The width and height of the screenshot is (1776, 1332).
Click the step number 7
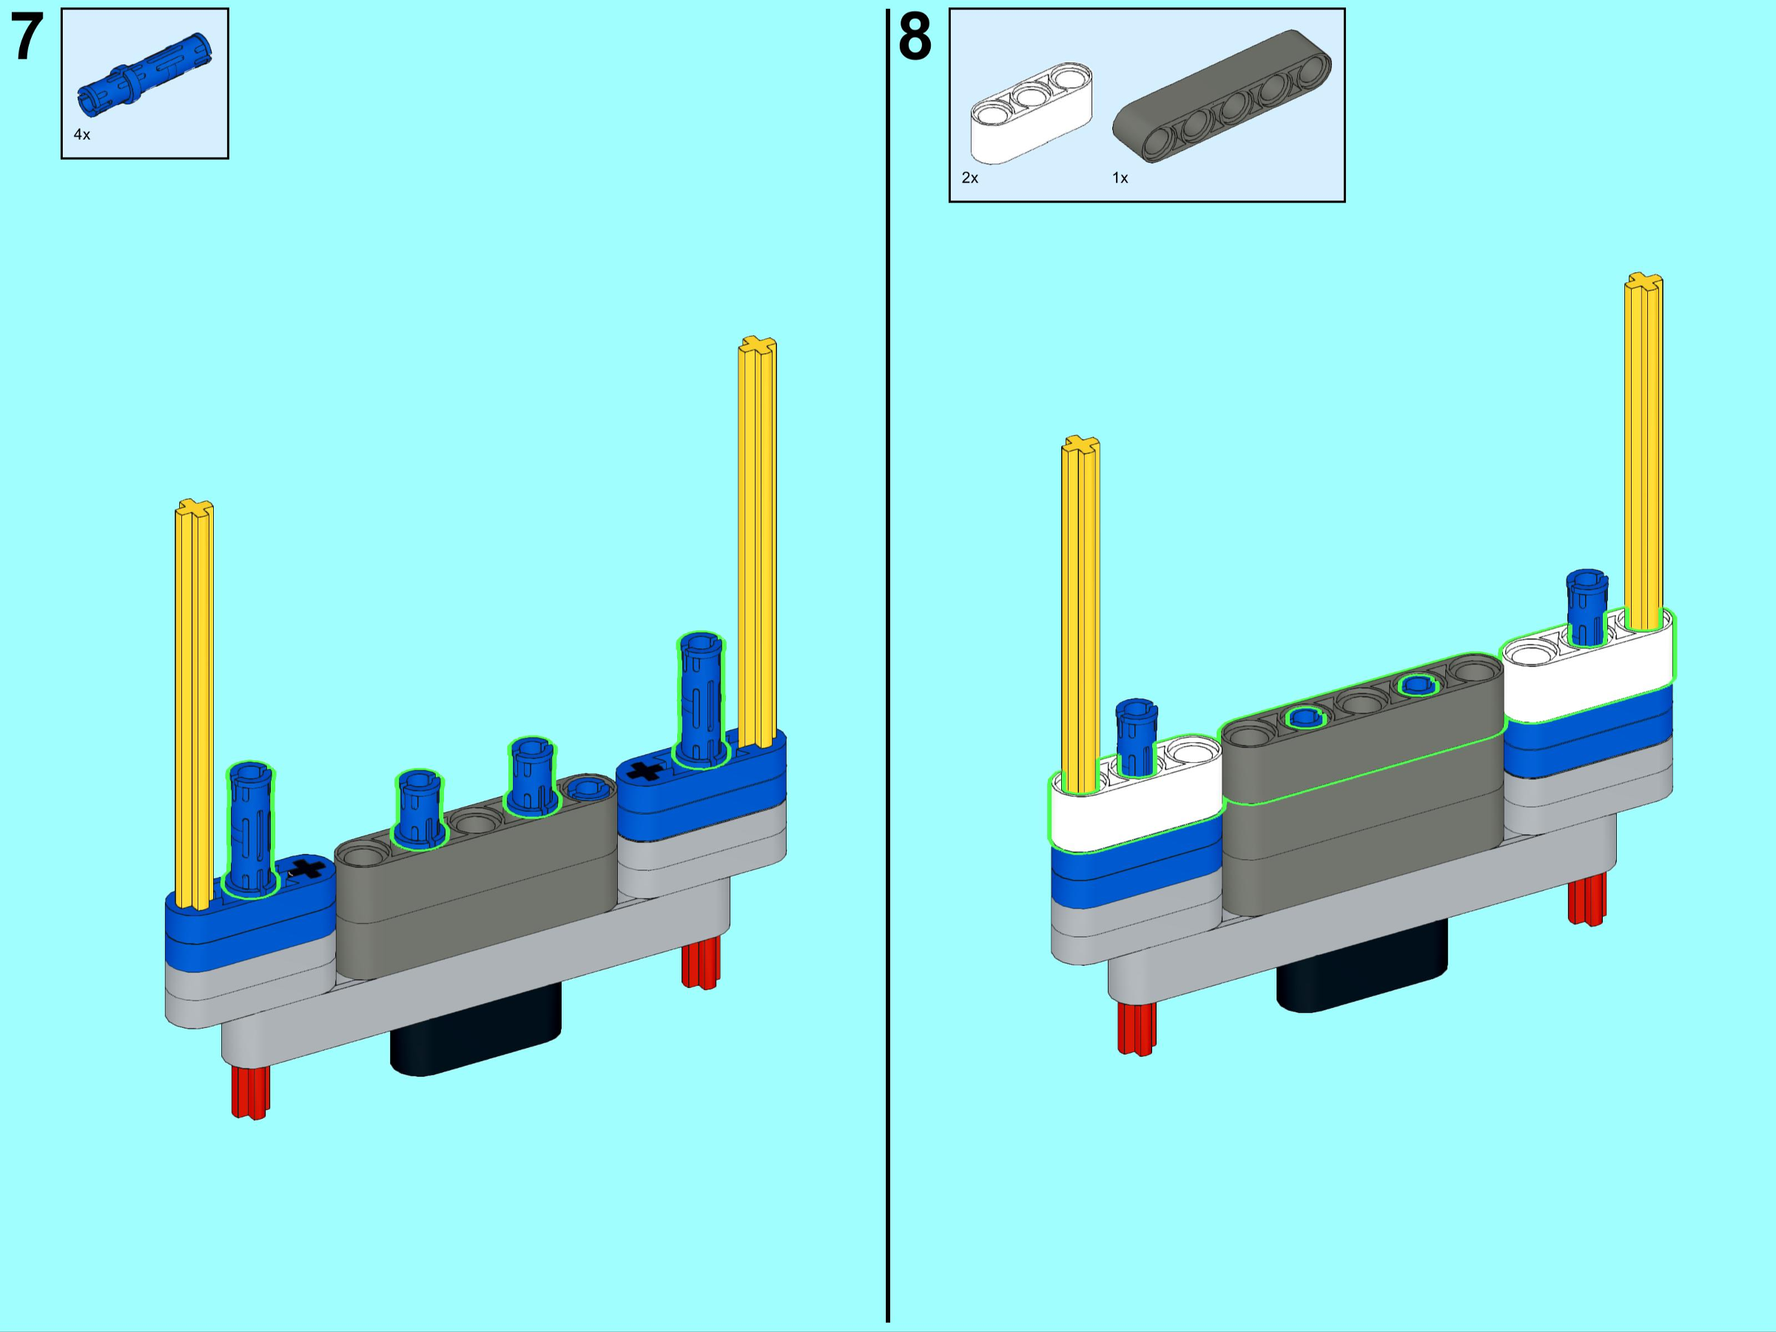[x=27, y=37]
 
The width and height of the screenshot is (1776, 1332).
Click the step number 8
[x=915, y=37]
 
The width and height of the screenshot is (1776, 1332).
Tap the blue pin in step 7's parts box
[x=144, y=75]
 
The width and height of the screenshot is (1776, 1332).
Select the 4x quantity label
[x=82, y=135]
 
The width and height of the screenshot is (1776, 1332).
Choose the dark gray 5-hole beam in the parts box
[x=1221, y=95]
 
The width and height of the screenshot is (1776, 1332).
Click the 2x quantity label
[x=970, y=178]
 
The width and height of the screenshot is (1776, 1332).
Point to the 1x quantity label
[x=1120, y=178]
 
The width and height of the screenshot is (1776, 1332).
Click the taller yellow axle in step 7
[x=757, y=538]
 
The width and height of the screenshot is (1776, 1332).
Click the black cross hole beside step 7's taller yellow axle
[x=645, y=772]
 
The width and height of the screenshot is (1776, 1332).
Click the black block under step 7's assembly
[x=475, y=1036]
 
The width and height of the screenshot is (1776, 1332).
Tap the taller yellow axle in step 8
[x=1644, y=450]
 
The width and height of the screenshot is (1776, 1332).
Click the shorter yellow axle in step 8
[x=1080, y=610]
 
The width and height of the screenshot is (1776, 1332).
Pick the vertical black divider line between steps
[x=887, y=667]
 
